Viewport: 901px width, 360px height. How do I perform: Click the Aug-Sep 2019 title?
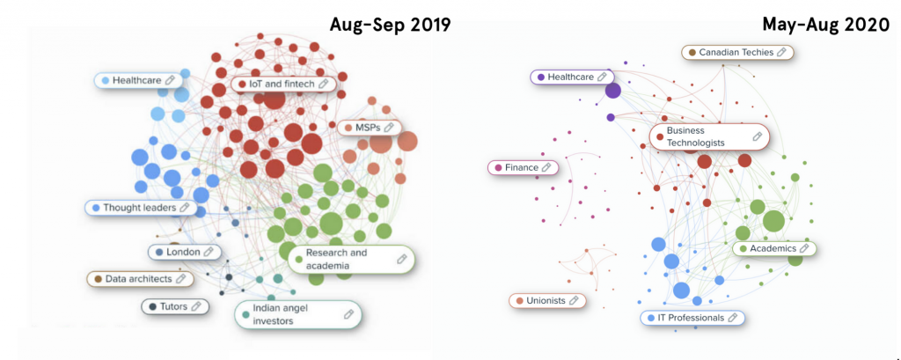(x=390, y=24)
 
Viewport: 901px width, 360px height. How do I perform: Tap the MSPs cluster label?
(x=369, y=128)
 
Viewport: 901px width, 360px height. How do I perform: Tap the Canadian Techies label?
(x=737, y=53)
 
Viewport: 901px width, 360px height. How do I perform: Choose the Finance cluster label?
(x=523, y=167)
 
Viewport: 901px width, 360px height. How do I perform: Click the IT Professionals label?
(x=692, y=318)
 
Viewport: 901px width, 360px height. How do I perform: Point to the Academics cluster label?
(x=773, y=249)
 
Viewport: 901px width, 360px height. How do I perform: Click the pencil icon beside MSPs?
(x=387, y=128)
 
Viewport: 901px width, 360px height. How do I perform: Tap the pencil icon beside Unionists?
(x=574, y=301)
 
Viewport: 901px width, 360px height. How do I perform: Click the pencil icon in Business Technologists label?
(x=757, y=136)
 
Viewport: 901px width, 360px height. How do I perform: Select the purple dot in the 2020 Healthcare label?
(x=540, y=77)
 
